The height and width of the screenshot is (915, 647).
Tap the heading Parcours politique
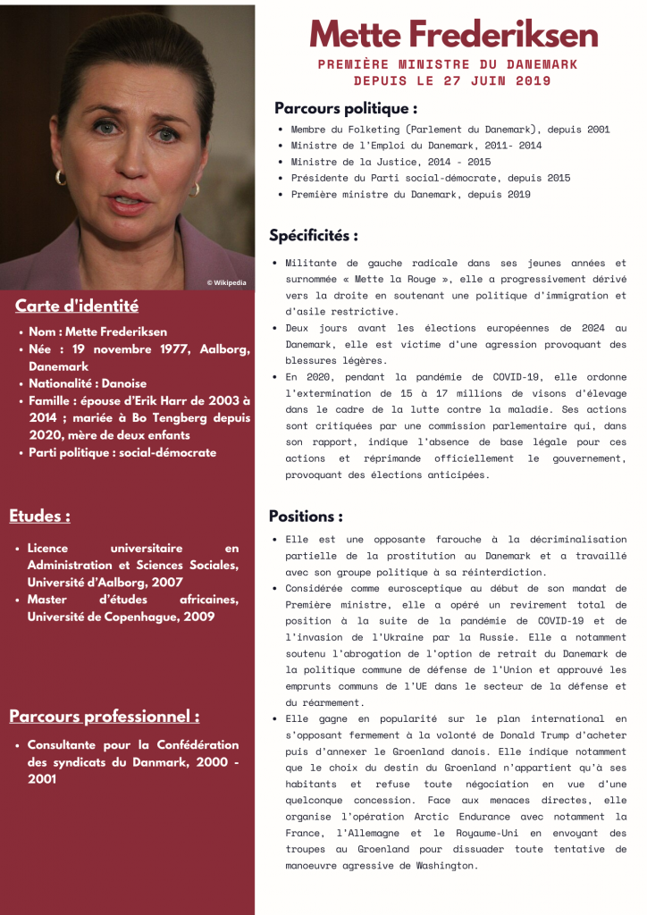pyautogui.click(x=346, y=108)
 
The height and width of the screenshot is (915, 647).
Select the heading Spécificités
pyautogui.click(x=314, y=236)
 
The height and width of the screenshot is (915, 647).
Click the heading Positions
pyautogui.click(x=306, y=516)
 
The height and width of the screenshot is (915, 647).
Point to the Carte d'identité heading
pyautogui.click(x=77, y=306)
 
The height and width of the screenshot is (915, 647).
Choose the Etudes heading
pyautogui.click(x=40, y=516)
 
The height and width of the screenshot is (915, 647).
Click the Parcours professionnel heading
pyautogui.click(x=105, y=717)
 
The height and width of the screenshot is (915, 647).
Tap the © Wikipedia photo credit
pyautogui.click(x=226, y=282)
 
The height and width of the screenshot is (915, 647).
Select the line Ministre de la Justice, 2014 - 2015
pyautogui.click(x=391, y=162)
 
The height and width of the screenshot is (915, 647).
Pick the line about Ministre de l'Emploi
pyautogui.click(x=416, y=146)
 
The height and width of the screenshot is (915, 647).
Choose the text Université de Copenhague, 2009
pyautogui.click(x=121, y=617)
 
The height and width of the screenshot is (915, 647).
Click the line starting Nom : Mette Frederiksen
pyautogui.click(x=97, y=332)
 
